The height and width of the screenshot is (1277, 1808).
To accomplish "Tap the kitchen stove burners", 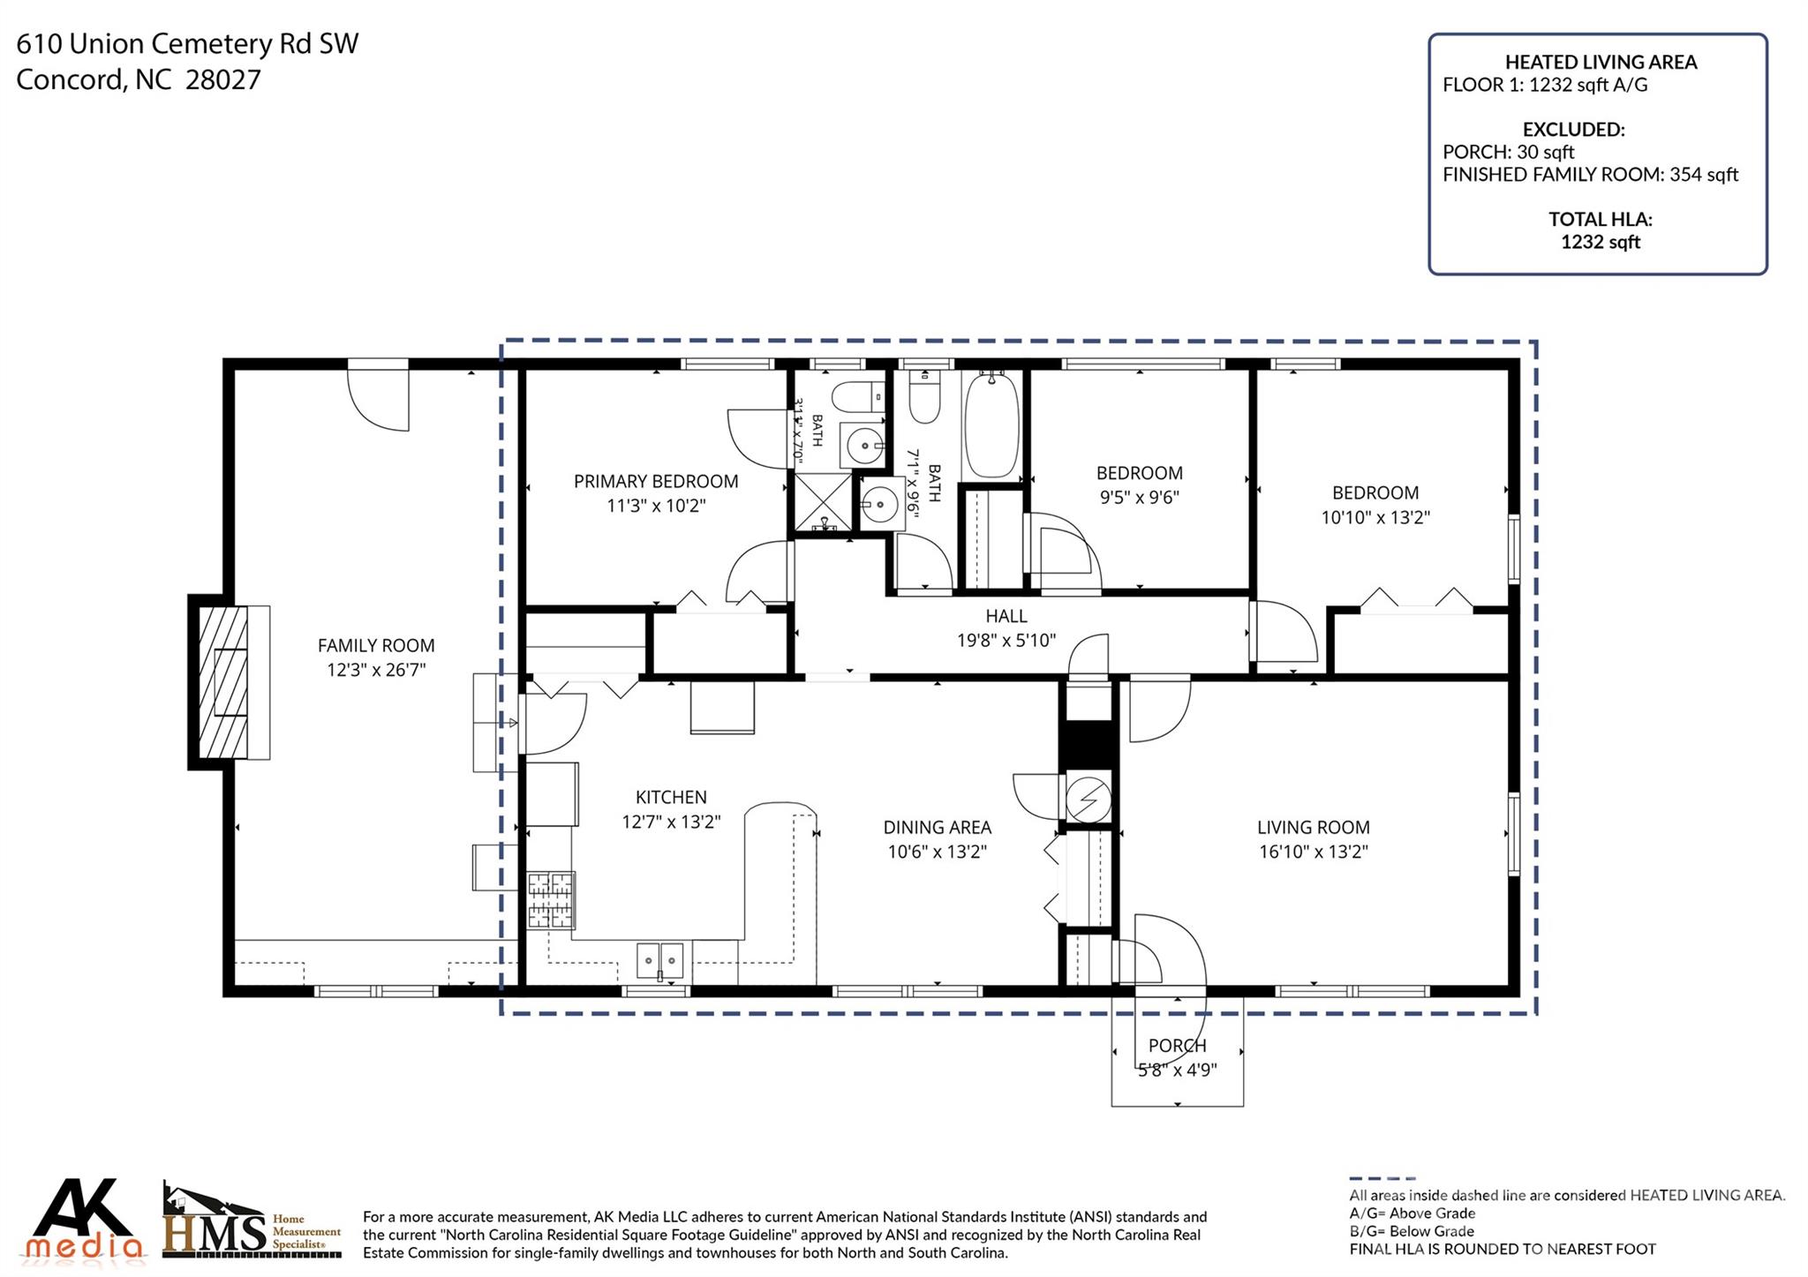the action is coord(552,900).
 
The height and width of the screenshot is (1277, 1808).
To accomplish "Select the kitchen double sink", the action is coord(660,960).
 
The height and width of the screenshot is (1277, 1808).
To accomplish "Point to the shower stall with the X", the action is coord(824,502).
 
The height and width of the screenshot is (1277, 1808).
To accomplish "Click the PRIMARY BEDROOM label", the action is coord(656,481).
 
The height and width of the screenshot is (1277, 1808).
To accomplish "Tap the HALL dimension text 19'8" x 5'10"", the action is coord(1006,640).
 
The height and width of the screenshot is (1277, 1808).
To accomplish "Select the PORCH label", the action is coord(1177,1046).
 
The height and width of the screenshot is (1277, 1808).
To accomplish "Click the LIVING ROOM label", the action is coord(1314,827).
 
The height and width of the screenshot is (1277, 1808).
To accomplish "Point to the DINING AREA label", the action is coord(938,827).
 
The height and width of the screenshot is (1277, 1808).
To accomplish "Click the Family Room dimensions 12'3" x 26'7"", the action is coord(376,670).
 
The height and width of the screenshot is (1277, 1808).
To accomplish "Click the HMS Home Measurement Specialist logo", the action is coord(252,1221).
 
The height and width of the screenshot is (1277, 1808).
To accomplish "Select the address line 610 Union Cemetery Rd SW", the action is coord(187,43).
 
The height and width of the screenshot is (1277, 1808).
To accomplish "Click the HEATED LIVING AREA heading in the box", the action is coord(1601,62).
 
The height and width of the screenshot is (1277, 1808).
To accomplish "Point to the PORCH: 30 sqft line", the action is coord(1509,152).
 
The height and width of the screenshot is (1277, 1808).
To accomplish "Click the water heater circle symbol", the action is coord(1088,799).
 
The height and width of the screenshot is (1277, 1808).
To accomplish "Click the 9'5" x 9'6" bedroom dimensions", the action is coord(1139,497).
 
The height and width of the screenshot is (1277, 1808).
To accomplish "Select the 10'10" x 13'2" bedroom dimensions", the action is coord(1375,517).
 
